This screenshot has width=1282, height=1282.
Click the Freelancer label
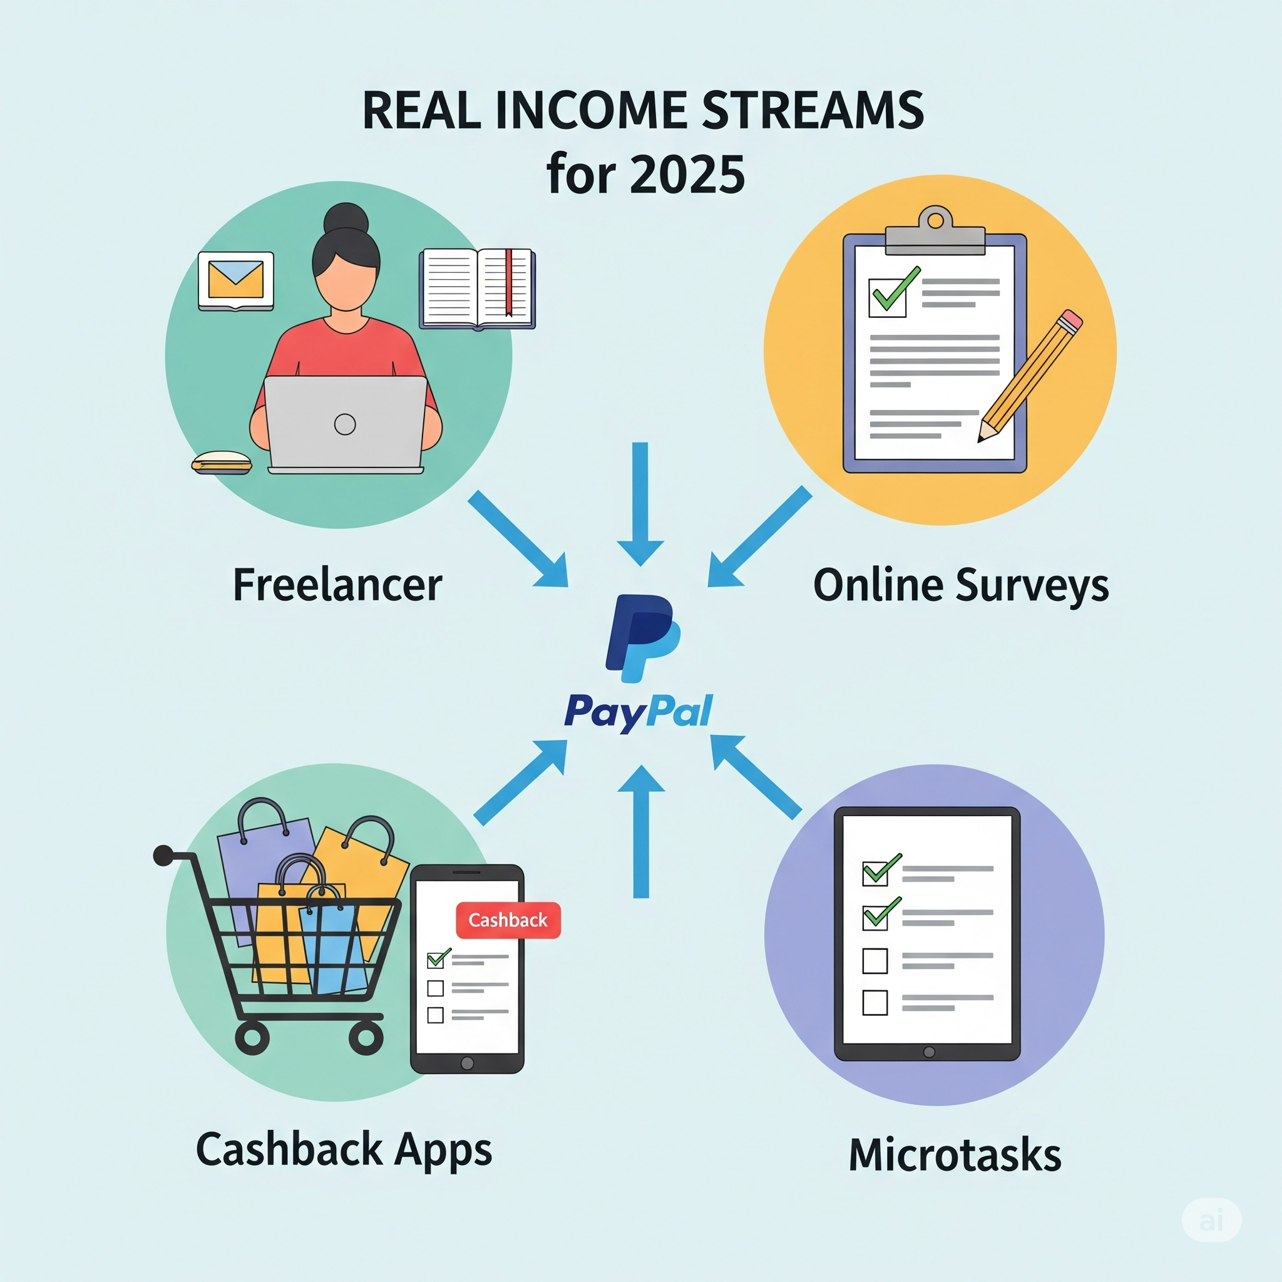coord(337,585)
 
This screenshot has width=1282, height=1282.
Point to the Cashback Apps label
coord(344,1150)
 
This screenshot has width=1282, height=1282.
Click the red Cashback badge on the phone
coord(508,920)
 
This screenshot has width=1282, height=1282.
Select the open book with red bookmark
coord(477,289)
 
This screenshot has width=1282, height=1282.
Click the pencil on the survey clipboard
coord(1030,376)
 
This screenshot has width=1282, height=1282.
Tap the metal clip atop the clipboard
coord(936,232)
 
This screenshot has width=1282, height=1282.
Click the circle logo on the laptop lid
coord(345,424)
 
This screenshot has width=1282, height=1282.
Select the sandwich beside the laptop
coord(222,463)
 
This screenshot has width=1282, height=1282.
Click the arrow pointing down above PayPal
coord(640,505)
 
